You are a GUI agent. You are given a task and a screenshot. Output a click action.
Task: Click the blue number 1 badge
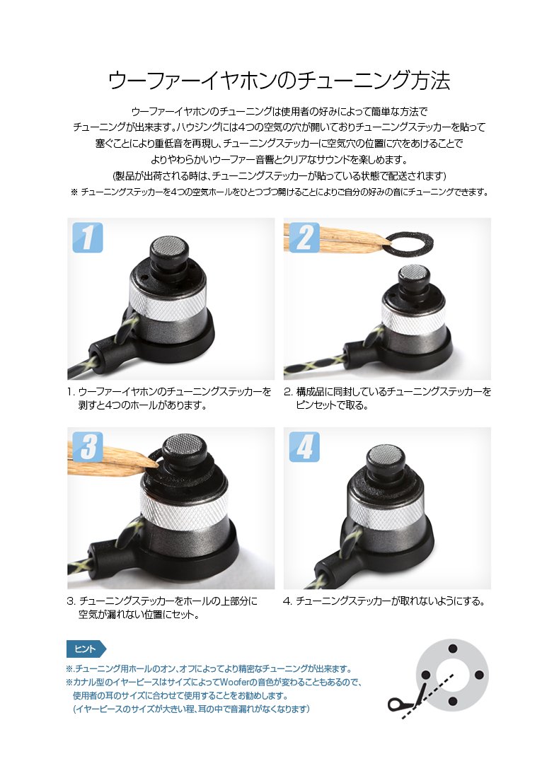pos(88,237)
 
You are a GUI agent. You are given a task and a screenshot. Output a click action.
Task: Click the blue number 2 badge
pos(304,237)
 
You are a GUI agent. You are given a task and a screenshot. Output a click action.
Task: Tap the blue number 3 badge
pos(88,446)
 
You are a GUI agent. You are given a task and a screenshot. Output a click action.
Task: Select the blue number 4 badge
pos(304,446)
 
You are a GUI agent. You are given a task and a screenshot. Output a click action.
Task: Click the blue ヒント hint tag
pos(86,649)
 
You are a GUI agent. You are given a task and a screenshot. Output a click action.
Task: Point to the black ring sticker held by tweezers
pos(410,243)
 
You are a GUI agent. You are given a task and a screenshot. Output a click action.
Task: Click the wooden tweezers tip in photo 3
pos(152,463)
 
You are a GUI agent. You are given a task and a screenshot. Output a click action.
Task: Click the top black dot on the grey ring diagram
pos(453,649)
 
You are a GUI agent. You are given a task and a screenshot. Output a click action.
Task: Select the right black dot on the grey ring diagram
pos(479,675)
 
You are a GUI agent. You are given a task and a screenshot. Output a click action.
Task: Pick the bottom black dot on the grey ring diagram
pos(453,702)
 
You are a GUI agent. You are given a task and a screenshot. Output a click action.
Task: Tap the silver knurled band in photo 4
pos(386,512)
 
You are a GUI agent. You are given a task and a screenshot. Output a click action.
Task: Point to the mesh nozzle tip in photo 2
pos(414,271)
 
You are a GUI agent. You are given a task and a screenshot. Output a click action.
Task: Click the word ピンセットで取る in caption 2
pos(332,405)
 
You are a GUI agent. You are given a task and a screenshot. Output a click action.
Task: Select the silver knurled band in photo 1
pos(168,301)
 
